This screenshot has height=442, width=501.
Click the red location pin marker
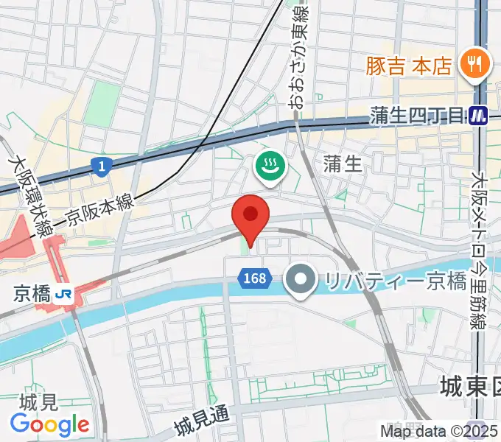tap(251, 217)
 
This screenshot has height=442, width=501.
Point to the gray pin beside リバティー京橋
tap(300, 280)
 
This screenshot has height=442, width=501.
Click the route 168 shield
tap(252, 278)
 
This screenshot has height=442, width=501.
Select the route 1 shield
tap(99, 168)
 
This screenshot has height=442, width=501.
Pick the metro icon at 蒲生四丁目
tap(480, 115)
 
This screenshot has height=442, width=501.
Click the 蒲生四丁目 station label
tap(417, 116)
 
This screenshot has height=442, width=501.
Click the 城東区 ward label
tap(469, 385)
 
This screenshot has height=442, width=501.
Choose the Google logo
tap(49, 424)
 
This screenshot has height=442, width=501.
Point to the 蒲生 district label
tap(343, 164)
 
